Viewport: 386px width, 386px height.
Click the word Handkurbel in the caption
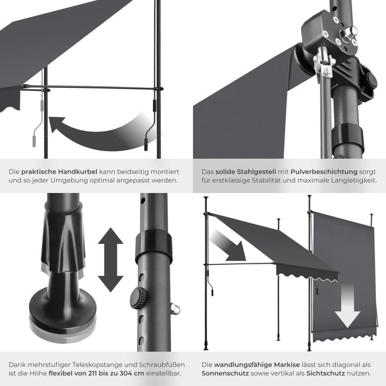[x=78, y=172]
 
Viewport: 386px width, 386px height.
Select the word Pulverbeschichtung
[x=324, y=172]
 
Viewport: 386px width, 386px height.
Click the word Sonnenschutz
[x=225, y=373]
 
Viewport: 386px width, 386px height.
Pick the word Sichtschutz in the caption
[x=325, y=373]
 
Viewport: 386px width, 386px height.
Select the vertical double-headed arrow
[x=110, y=259]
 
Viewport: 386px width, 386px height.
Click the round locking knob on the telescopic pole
[x=138, y=299]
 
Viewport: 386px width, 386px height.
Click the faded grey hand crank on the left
[x=38, y=124]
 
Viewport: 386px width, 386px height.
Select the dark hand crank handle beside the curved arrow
[x=150, y=125]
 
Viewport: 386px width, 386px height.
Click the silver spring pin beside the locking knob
[x=175, y=309]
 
